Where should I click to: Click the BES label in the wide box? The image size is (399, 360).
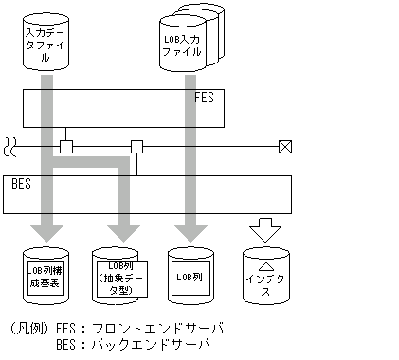point(20,184)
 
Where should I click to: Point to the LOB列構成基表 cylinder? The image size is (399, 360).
point(45,275)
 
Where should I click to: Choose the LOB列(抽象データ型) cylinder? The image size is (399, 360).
point(118,276)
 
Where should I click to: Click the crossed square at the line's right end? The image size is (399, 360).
point(284,147)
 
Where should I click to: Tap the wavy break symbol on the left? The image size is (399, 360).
point(9,147)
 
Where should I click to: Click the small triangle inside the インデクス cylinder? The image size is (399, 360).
point(265,267)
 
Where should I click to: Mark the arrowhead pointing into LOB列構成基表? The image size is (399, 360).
point(45,233)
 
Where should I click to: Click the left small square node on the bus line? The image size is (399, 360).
point(65,147)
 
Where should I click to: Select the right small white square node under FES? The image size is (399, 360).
point(136,147)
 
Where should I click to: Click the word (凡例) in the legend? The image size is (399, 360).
point(27,329)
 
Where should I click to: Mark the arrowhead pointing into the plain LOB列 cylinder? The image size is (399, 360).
point(190,233)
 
